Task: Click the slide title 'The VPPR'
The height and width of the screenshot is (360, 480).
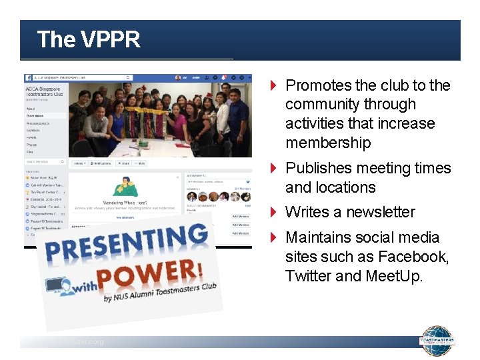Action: click(89, 40)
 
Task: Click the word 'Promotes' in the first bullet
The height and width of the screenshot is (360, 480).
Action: click(317, 85)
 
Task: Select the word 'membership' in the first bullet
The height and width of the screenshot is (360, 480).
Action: click(328, 143)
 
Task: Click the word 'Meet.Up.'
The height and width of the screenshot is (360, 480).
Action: click(394, 276)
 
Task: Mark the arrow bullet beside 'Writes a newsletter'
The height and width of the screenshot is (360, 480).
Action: click(273, 213)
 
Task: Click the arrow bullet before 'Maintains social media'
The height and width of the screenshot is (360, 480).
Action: click(273, 238)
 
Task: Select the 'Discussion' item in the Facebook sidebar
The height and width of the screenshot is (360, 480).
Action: click(35, 115)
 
